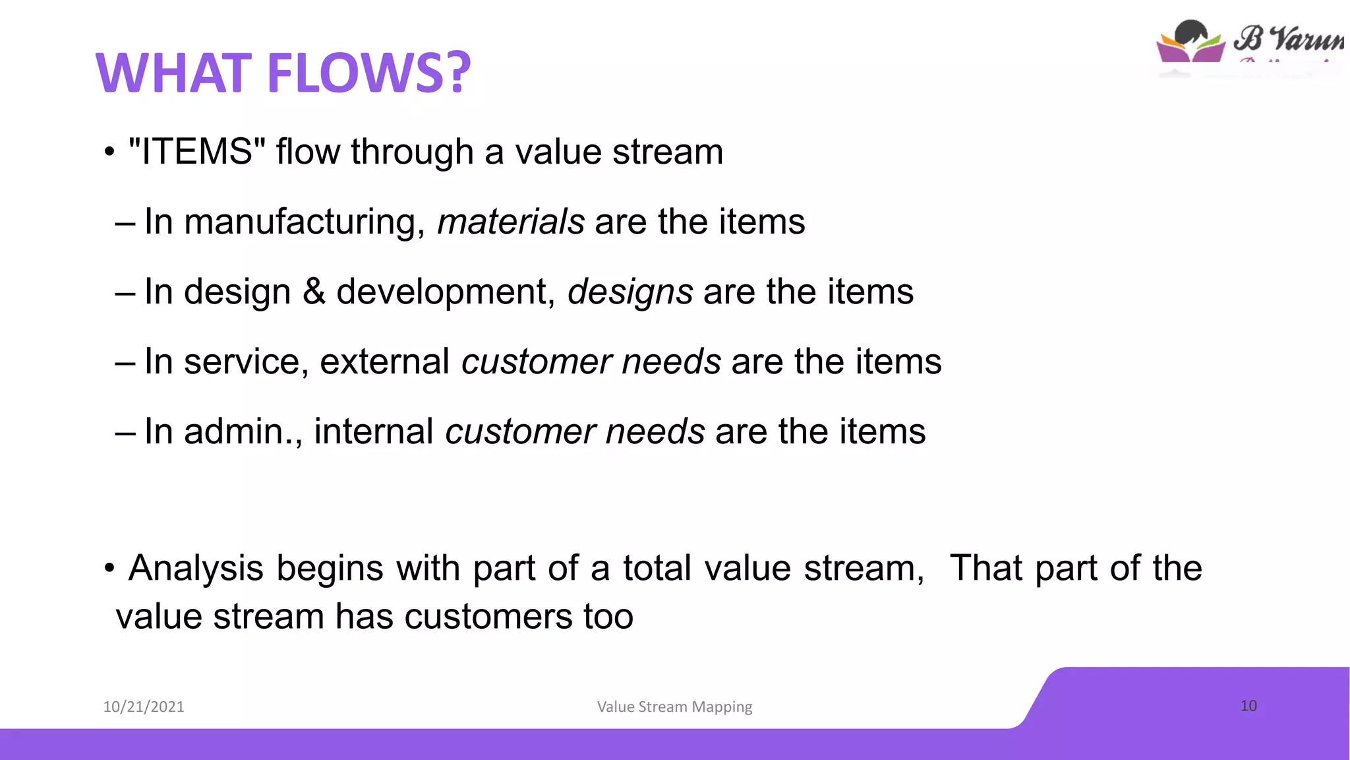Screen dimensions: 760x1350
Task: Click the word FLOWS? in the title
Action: (369, 73)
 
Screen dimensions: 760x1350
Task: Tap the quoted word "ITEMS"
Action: (197, 152)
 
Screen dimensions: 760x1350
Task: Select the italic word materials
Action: (511, 222)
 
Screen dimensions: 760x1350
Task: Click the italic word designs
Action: (630, 292)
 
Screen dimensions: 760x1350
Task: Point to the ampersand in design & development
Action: (314, 292)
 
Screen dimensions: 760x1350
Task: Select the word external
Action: (384, 362)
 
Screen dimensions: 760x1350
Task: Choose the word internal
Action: (374, 431)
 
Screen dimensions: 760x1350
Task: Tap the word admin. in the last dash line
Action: (243, 431)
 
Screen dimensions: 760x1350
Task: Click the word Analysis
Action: (196, 569)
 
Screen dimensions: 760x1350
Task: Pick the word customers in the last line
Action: (488, 616)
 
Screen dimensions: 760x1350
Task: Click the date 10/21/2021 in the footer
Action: (144, 707)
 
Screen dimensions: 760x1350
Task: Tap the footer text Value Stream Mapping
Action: (674, 707)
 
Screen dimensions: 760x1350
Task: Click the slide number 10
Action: (1248, 705)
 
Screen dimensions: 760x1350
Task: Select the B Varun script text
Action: (1289, 38)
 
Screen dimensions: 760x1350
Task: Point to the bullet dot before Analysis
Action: (109, 569)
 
